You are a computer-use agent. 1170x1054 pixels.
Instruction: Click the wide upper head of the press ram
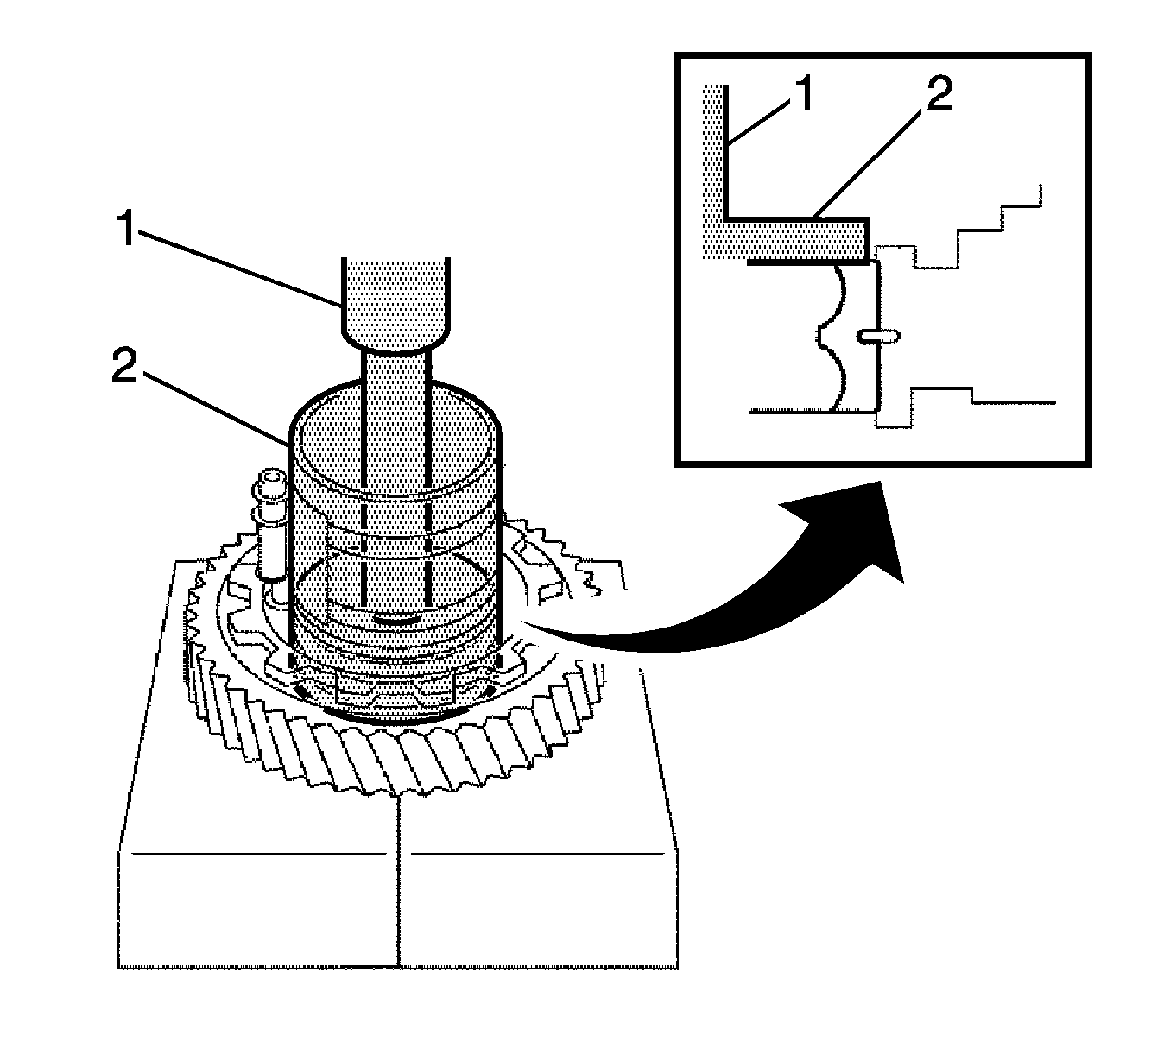pyautogui.click(x=395, y=298)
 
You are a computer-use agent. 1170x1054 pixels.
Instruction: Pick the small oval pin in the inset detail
pyautogui.click(x=880, y=336)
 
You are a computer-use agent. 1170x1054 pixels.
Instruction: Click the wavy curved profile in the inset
pyautogui.click(x=829, y=337)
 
